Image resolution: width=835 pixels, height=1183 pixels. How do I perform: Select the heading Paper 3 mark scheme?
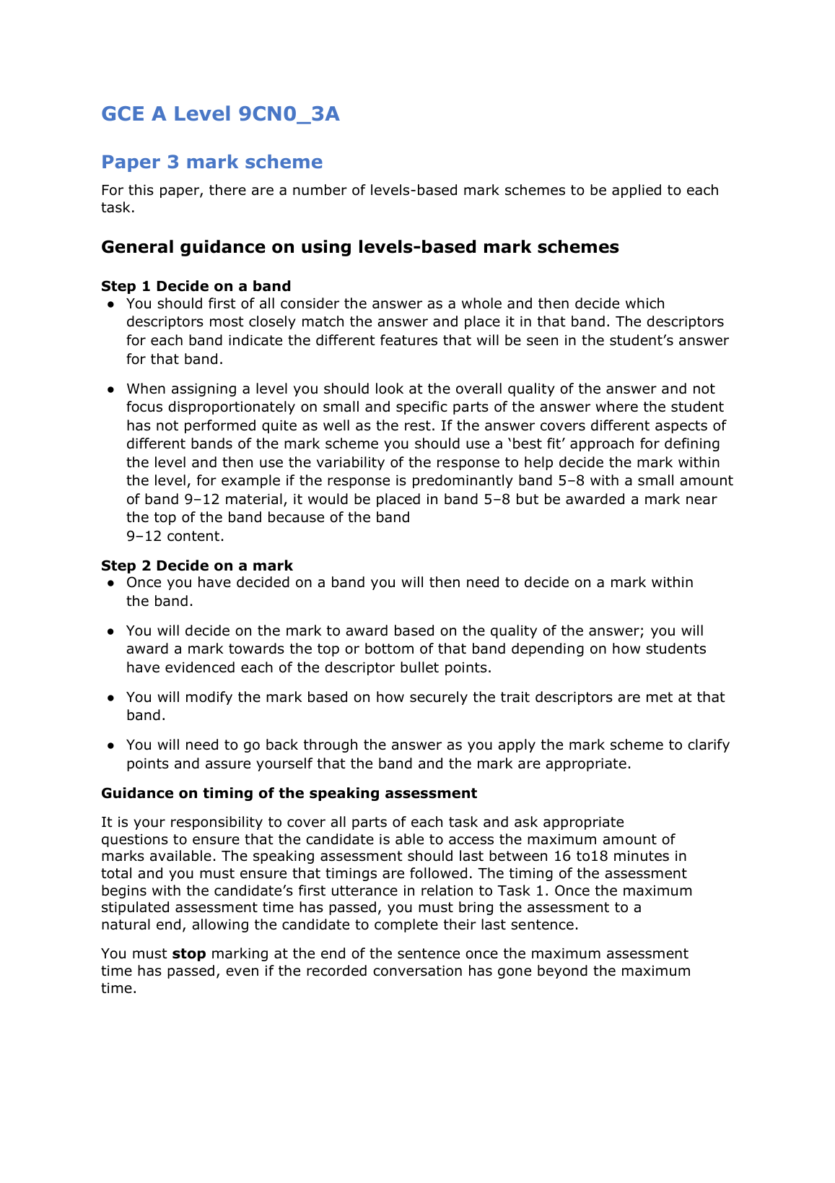211,162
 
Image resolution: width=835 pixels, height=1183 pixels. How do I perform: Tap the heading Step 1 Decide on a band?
196,286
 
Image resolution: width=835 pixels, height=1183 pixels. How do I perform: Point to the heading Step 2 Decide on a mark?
197,565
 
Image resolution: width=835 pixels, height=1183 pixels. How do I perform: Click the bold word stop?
189,953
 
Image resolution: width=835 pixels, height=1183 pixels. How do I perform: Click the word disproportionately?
242,407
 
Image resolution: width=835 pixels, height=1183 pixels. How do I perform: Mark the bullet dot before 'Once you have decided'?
111,583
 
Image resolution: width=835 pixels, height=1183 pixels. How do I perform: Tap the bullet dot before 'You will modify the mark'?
111,698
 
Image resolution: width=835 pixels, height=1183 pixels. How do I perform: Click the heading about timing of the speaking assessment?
289,793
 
